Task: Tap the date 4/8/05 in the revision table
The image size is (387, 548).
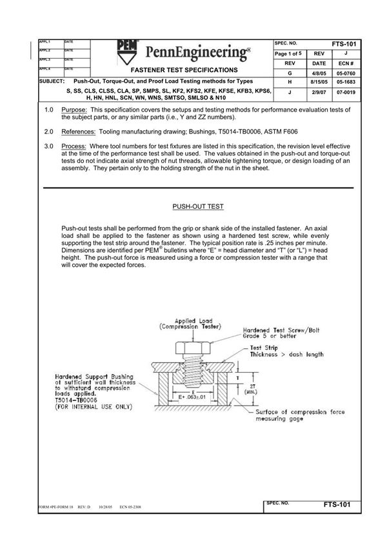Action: (321, 73)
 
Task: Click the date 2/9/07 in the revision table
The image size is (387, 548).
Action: (321, 93)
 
